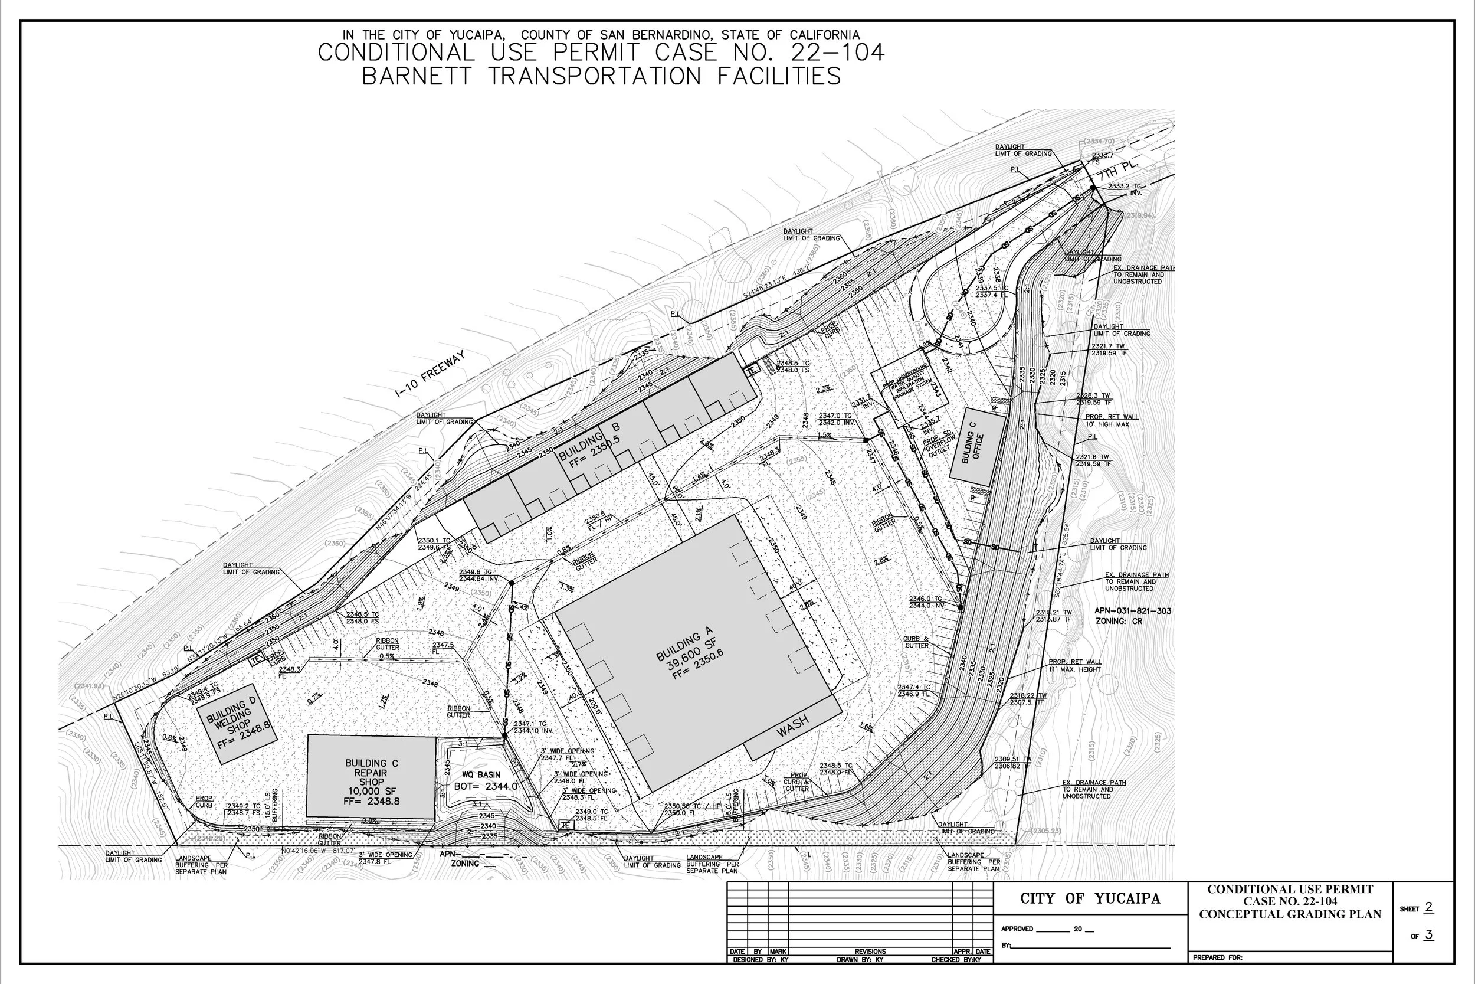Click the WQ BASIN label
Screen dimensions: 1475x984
tap(480, 775)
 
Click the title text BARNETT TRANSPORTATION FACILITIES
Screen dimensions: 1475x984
tap(601, 77)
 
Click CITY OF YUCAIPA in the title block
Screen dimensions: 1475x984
tap(1090, 898)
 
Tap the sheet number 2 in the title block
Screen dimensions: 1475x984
tap(1428, 907)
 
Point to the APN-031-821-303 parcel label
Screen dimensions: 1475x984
tap(1133, 610)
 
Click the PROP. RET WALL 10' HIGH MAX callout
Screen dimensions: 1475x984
tap(1112, 420)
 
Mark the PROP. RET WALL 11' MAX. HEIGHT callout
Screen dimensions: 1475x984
tap(1074, 665)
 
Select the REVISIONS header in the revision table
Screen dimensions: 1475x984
tap(870, 952)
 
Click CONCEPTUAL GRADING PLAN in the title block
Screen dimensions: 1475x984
tap(1290, 914)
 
